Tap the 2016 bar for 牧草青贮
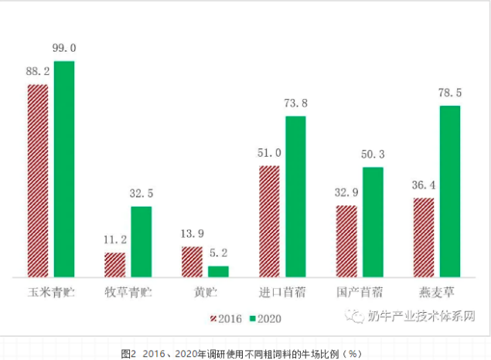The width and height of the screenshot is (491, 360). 115,264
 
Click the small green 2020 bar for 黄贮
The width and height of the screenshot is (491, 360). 219,271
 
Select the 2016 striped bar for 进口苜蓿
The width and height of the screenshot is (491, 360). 270,221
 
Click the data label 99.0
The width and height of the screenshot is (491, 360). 64,49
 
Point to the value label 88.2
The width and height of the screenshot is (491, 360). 38,72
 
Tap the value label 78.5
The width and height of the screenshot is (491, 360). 450,93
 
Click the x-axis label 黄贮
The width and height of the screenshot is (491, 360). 206,294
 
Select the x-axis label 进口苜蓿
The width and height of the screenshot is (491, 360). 282,294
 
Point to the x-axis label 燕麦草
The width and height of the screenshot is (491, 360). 437,294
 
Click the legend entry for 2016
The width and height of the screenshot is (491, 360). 226,318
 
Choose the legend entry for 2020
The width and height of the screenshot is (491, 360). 268,318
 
